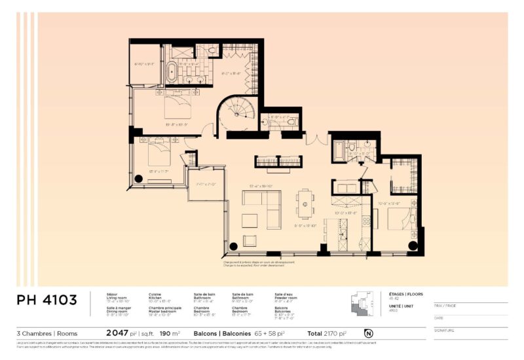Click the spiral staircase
236,115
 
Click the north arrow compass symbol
368,333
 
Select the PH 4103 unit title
47,300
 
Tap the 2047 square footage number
117,333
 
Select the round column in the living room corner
233,247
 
